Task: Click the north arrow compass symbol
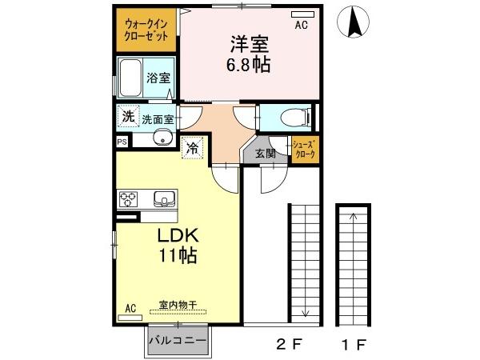[354, 22]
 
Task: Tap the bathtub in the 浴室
[130, 78]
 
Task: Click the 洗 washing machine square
[128, 116]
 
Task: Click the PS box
[121, 142]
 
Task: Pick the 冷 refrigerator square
[193, 147]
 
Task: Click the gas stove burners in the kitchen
[130, 198]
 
